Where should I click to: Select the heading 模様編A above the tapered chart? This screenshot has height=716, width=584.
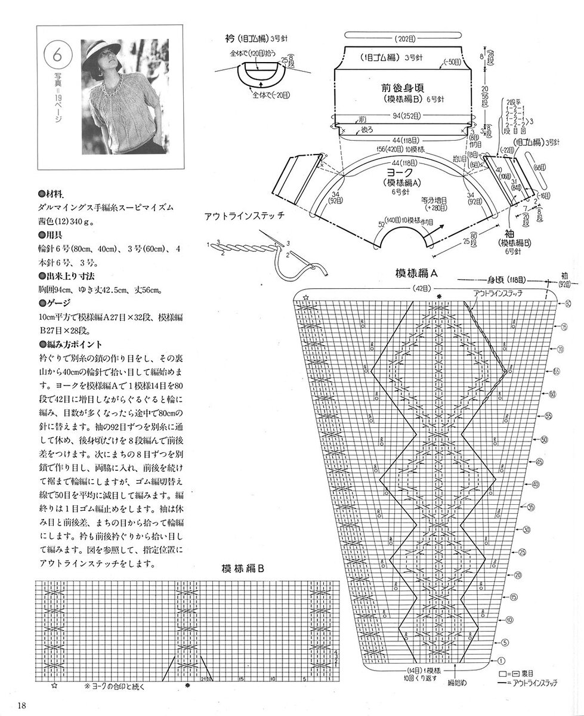[x=417, y=273]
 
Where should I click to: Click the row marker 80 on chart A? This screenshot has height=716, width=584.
[x=568, y=304]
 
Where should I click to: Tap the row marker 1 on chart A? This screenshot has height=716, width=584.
[x=500, y=661]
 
